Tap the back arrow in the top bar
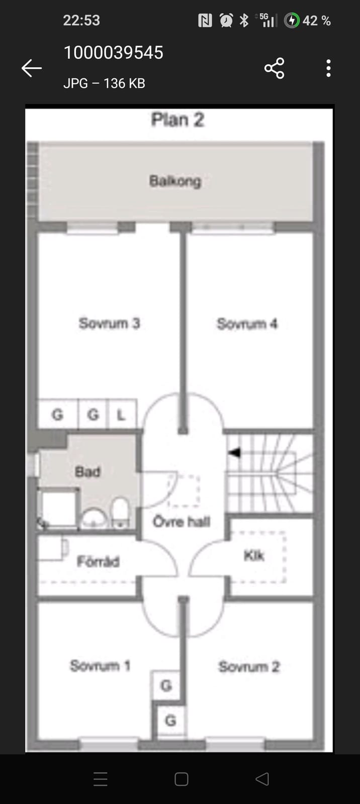point(32,68)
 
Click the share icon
point(275,68)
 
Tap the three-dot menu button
point(328,68)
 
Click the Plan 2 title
point(178,120)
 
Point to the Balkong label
point(175,181)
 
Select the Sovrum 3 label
point(109,323)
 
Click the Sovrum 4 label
point(247,324)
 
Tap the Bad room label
point(87,472)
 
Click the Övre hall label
point(182,521)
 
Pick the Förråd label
point(98,561)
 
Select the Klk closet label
point(254,556)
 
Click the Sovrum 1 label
point(100,666)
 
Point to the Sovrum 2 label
point(249,666)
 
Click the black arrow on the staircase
point(234,452)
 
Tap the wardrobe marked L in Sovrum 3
point(122,414)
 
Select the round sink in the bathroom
point(94,518)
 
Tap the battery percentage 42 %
point(316,21)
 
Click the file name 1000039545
point(114,52)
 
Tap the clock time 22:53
point(81,21)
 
